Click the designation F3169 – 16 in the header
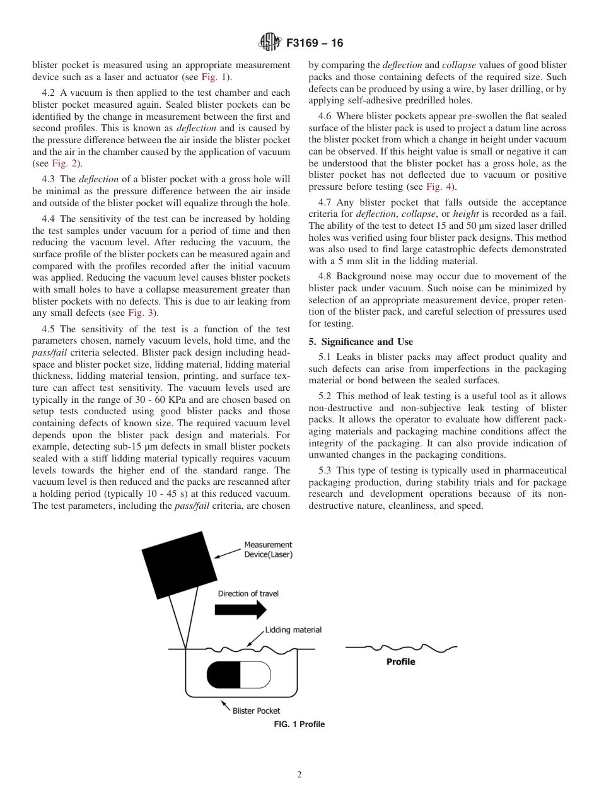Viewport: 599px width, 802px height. tap(314, 44)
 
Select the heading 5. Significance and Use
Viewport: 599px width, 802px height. tap(361, 342)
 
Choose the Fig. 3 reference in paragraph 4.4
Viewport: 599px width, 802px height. tap(139, 313)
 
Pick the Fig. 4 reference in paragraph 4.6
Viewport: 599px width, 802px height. tap(436, 187)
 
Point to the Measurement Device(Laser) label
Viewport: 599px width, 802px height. tap(268, 550)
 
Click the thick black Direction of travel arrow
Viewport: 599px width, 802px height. tap(240, 610)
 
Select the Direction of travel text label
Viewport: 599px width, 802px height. tap(248, 593)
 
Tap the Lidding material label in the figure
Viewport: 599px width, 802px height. tap(293, 630)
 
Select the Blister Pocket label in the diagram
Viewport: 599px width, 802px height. tap(256, 711)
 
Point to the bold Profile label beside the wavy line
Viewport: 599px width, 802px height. tap(400, 662)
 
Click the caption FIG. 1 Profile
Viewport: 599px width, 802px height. tap(299, 724)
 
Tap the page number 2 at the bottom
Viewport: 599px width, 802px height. tap(299, 775)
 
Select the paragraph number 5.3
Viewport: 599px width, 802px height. tap(326, 470)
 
